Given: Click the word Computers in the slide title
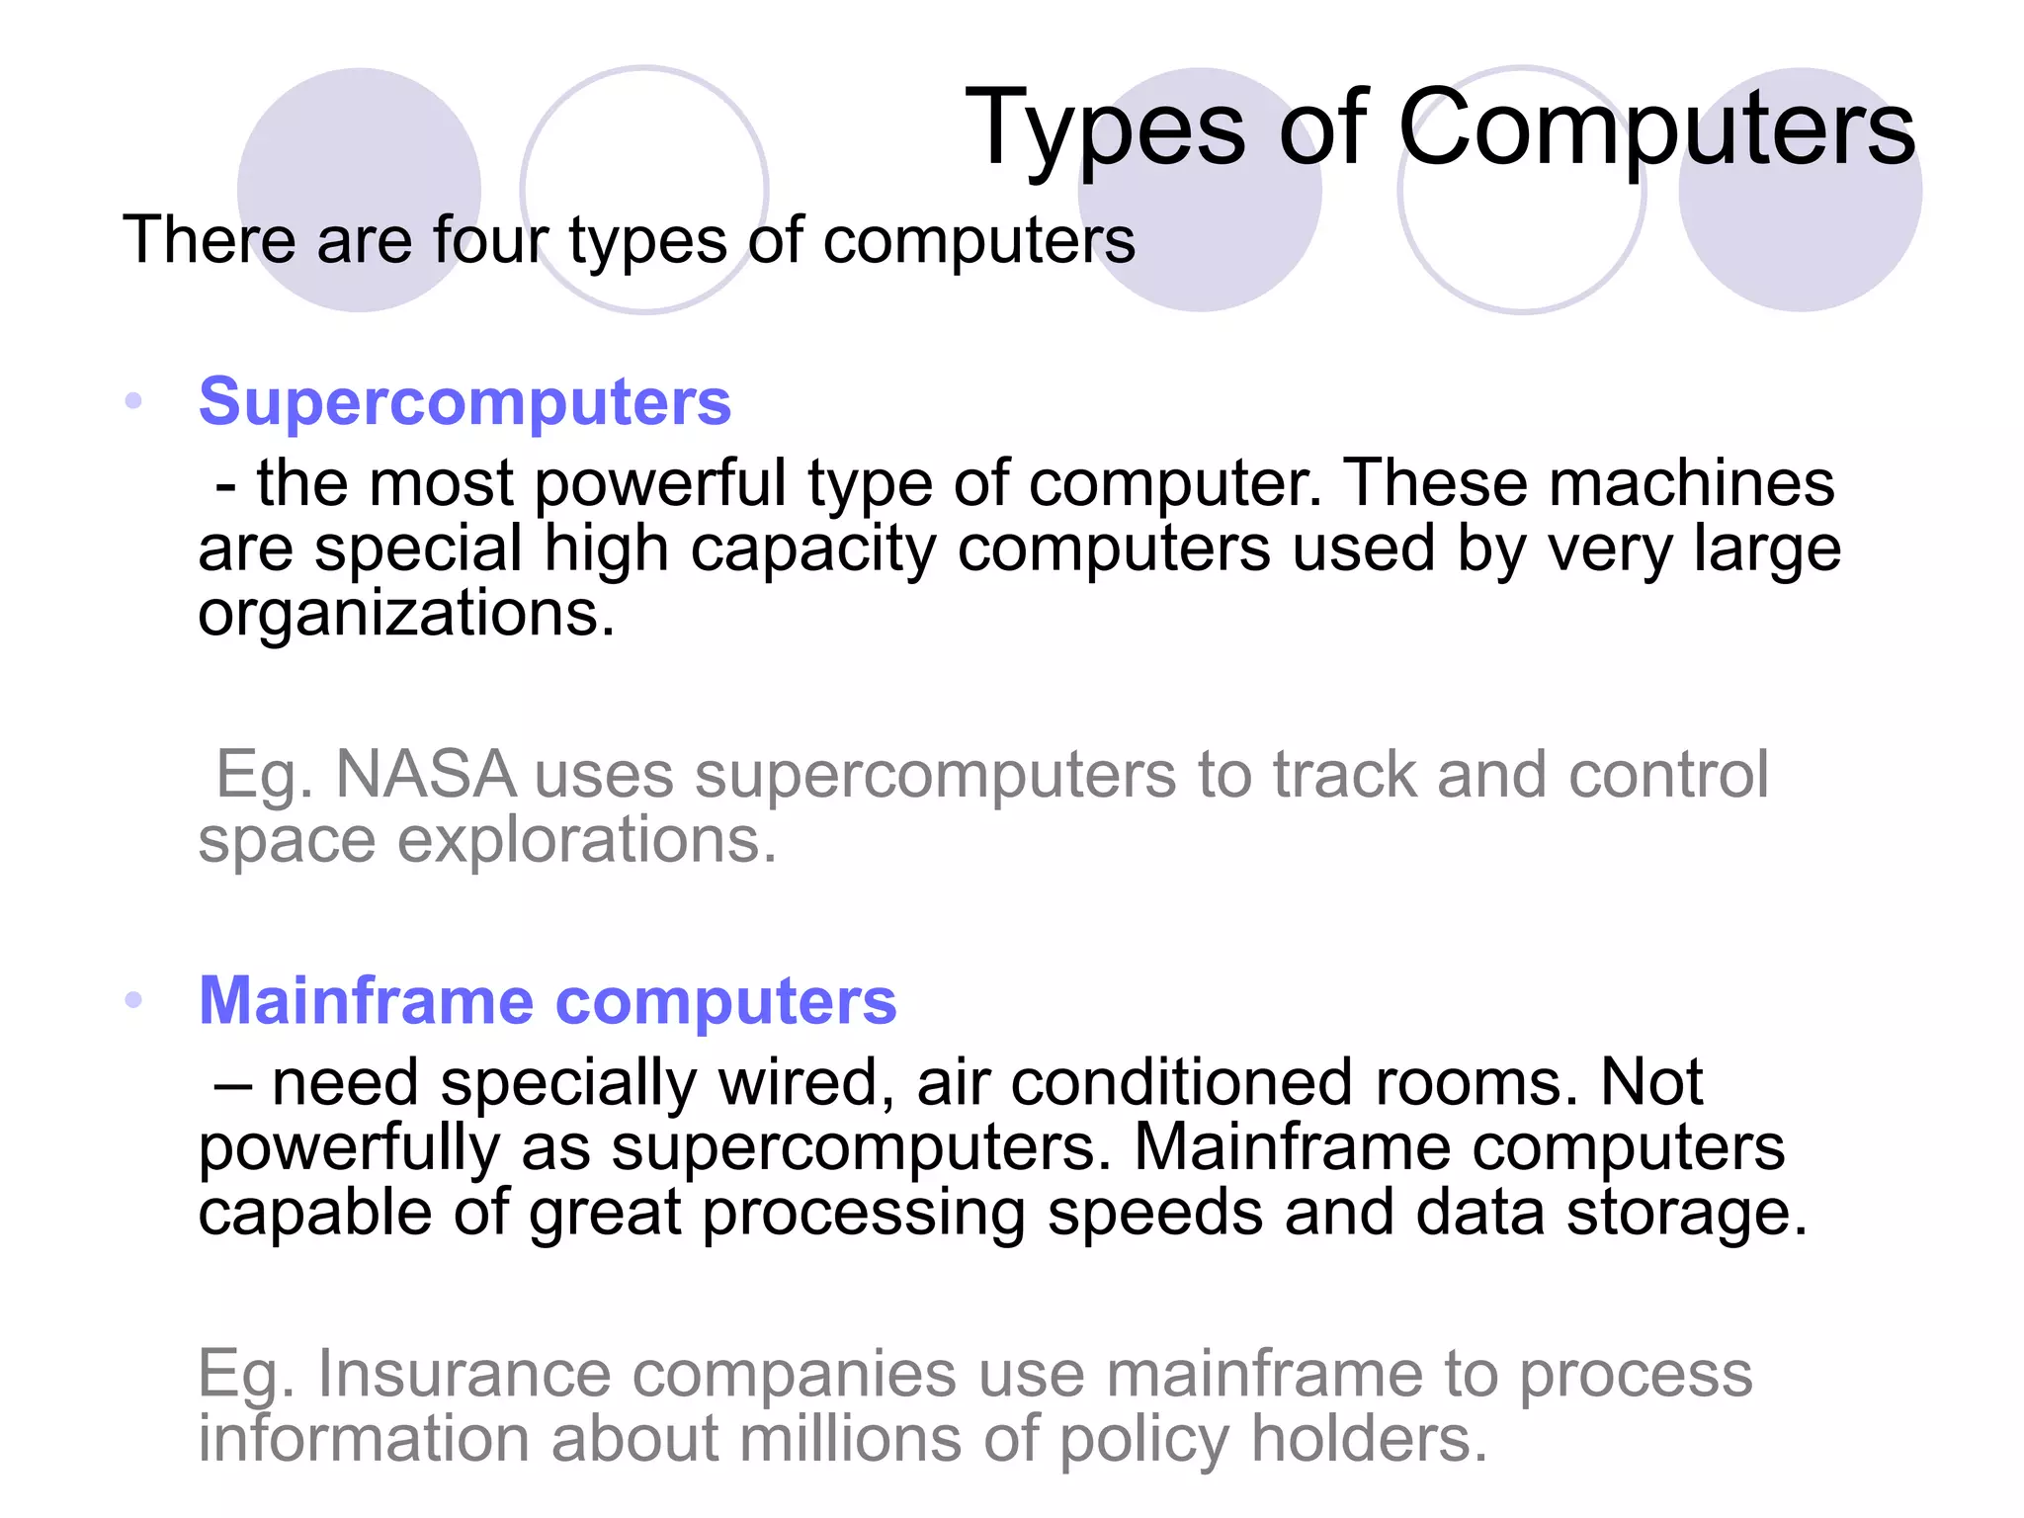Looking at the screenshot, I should [x=1656, y=128].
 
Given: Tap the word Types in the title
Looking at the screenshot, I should [x=1105, y=128].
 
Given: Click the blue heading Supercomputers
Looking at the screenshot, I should [x=464, y=402].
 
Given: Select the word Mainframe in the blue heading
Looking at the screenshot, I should [x=367, y=1000].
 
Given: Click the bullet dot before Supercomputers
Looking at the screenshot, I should [x=134, y=401].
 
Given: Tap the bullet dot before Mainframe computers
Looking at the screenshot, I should [x=134, y=1000].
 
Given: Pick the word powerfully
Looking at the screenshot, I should [x=349, y=1148].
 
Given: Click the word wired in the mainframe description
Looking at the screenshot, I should [x=799, y=1082].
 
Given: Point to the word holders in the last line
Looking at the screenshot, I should [x=1369, y=1439].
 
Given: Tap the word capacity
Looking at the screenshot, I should [x=812, y=549].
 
